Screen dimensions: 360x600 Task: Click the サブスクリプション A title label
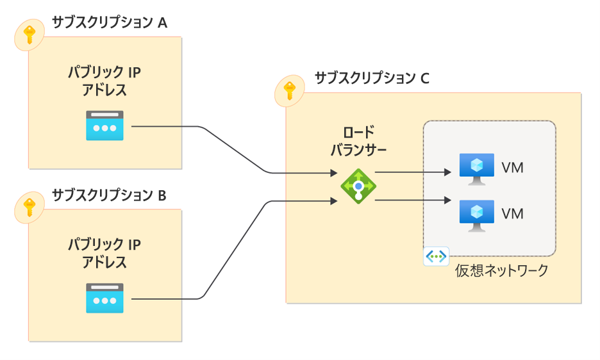pyautogui.click(x=109, y=23)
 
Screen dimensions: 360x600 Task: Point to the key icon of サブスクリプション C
pyautogui.click(x=290, y=91)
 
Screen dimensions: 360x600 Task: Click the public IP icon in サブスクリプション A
pyautogui.click(x=104, y=126)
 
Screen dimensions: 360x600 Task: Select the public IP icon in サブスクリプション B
pyautogui.click(x=104, y=298)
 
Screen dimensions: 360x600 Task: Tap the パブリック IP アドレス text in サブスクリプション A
pyautogui.click(x=104, y=81)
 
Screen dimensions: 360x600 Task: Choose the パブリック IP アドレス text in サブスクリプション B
pyautogui.click(x=104, y=253)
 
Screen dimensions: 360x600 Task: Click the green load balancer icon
pyautogui.click(x=358, y=186)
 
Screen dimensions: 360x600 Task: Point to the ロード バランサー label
pyautogui.click(x=358, y=142)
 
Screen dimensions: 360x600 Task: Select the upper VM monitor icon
pyautogui.click(x=476, y=168)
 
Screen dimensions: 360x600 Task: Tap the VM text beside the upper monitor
pyautogui.click(x=513, y=168)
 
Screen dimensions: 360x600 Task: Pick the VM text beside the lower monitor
pyautogui.click(x=513, y=213)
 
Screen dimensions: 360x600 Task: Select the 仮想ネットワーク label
pyautogui.click(x=502, y=270)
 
